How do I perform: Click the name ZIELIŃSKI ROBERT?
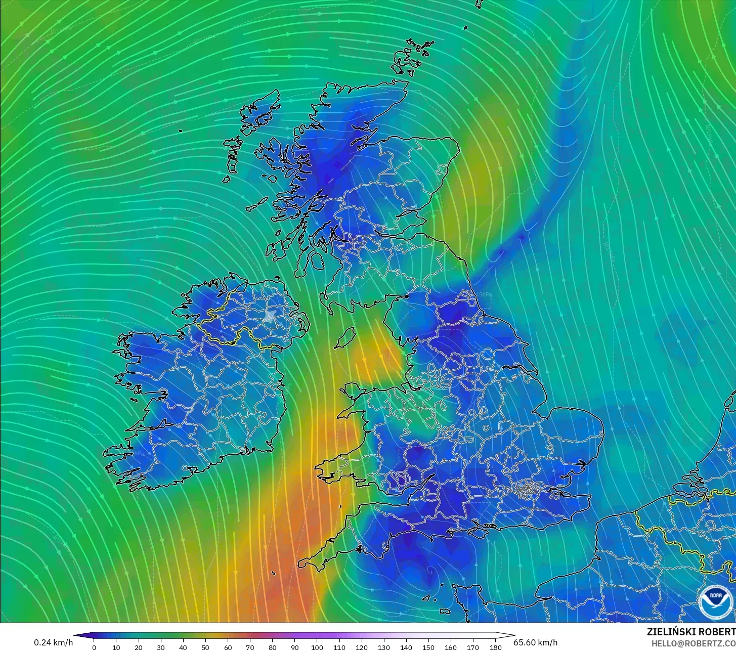pyautogui.click(x=691, y=632)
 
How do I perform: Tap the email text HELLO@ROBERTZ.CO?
pyautogui.click(x=693, y=643)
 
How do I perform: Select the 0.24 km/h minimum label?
pyautogui.click(x=53, y=642)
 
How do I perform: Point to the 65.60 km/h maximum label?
pyautogui.click(x=536, y=642)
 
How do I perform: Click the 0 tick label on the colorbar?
pyautogui.click(x=94, y=647)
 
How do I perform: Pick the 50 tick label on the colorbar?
pyautogui.click(x=205, y=647)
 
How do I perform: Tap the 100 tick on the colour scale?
pyautogui.click(x=317, y=647)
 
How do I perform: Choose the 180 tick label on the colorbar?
pyautogui.click(x=496, y=647)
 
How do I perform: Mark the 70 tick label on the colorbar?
pyautogui.click(x=250, y=647)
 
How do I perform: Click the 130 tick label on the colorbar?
pyautogui.click(x=384, y=647)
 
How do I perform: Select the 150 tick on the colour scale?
pyautogui.click(x=428, y=647)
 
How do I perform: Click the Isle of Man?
pyautogui.click(x=346, y=337)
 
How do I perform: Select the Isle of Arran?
pyautogui.click(x=317, y=261)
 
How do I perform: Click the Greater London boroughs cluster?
pyautogui.click(x=527, y=489)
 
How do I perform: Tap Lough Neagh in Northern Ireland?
pyautogui.click(x=270, y=317)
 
